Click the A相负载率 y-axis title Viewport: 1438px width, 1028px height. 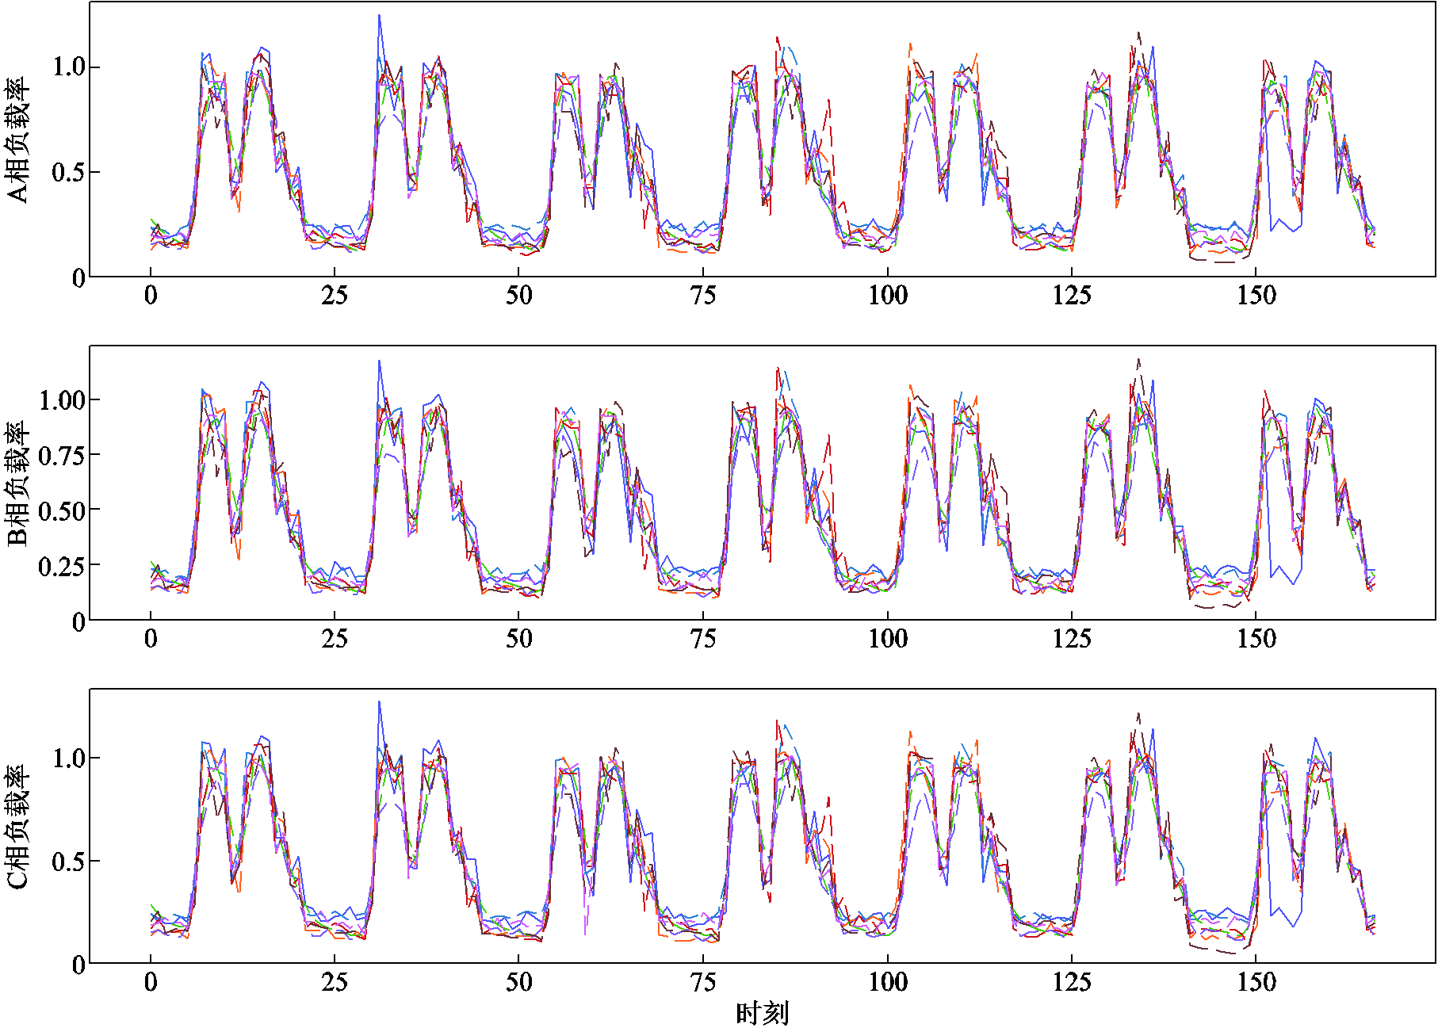pos(17,140)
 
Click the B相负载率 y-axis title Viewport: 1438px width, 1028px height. pos(17,484)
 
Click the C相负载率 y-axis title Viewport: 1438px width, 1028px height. pos(17,827)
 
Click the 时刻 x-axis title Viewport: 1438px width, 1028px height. pos(762,1013)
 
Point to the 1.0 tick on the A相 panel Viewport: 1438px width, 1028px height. pos(68,67)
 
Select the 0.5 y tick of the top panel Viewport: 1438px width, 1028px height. pos(68,172)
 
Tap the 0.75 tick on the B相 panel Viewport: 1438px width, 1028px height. pos(61,455)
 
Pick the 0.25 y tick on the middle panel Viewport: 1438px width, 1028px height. pos(61,565)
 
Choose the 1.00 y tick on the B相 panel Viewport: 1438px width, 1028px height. pos(61,399)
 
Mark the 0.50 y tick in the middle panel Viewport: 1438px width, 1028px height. pos(61,510)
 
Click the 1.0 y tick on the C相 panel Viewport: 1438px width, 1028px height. pos(68,758)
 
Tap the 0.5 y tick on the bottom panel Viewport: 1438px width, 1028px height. pos(68,861)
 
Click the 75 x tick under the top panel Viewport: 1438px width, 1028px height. pos(703,296)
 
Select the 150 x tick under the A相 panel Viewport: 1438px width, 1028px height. pos(1256,296)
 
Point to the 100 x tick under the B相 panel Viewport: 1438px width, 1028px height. pos(888,639)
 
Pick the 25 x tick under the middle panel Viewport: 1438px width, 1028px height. pos(335,639)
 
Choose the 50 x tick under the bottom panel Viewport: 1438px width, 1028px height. pos(519,983)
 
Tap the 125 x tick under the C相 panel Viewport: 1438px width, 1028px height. pos(1072,983)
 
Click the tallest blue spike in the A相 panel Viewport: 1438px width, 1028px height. pos(379,16)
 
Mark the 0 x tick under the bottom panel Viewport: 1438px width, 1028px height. pos(151,983)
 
